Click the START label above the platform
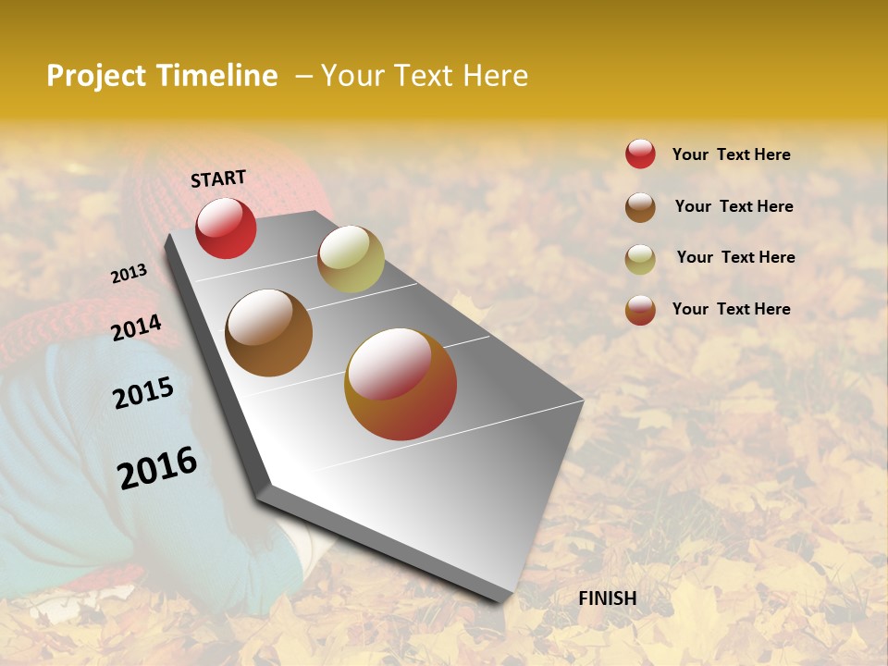coord(218,179)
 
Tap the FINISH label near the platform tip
coord(608,598)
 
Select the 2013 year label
coord(129,274)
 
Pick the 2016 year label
coord(157,468)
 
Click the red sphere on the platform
coord(226,228)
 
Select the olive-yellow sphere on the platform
coord(351,259)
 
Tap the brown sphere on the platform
coord(269,333)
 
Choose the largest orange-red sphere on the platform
coord(401,384)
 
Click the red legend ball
coord(640,154)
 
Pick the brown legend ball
coord(640,207)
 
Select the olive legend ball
coord(640,259)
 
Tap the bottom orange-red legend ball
coord(640,310)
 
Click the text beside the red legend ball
coord(731,154)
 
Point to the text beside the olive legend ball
coord(735,257)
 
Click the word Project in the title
coord(97,76)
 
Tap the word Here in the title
coord(495,76)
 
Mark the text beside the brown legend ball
coord(734,206)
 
